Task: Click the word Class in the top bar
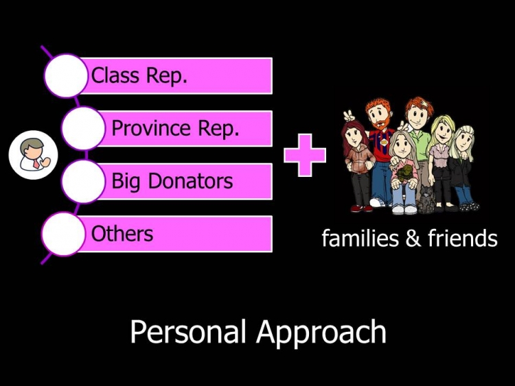[x=115, y=75]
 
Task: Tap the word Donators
[x=190, y=181]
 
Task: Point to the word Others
[x=122, y=234]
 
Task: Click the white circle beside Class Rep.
[x=66, y=75]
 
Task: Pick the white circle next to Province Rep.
[x=83, y=128]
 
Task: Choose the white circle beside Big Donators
[x=83, y=181]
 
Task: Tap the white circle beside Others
[x=64, y=234]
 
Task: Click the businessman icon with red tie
[x=33, y=155]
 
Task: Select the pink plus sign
[x=305, y=155]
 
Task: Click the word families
[x=360, y=238]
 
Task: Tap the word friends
[x=462, y=238]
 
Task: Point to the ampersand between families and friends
[x=413, y=239]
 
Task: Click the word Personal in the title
[x=188, y=332]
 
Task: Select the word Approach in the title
[x=321, y=333]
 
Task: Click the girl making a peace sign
[x=358, y=160]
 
